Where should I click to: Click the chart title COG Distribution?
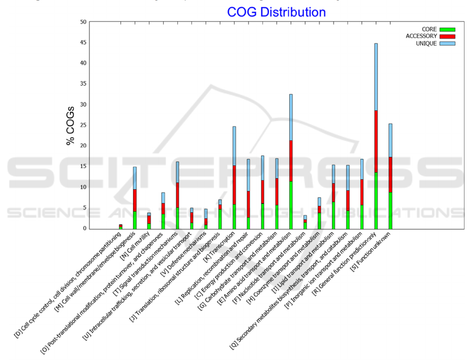276,12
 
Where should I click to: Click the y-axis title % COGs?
70,126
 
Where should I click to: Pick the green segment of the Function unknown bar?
390,211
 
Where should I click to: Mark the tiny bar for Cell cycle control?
120,226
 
